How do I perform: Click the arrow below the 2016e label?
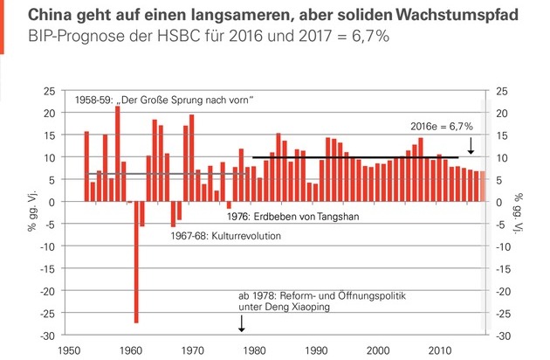click(471, 144)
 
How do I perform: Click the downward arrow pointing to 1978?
click(242, 322)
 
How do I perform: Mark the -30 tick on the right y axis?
click(504, 336)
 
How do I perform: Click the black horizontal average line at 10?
click(349, 157)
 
